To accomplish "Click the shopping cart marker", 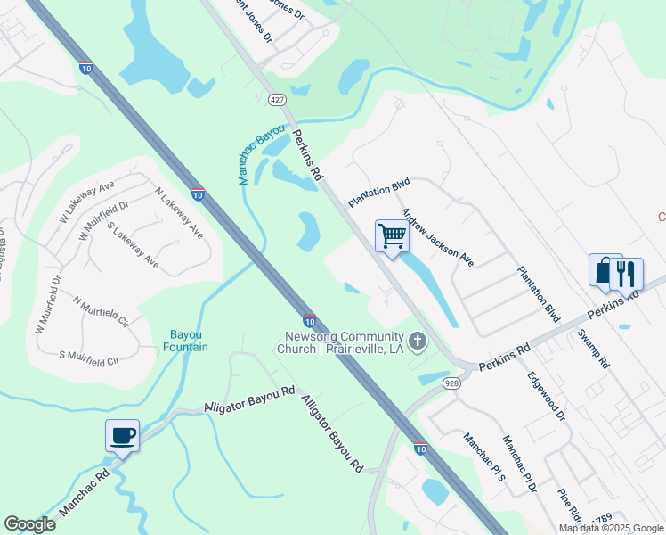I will click(x=392, y=236).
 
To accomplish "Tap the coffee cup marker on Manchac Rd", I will click(x=122, y=435).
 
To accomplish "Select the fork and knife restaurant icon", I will click(x=629, y=273).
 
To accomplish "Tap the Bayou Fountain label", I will click(x=186, y=341).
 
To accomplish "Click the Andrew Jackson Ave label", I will click(x=436, y=236).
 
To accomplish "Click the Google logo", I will click(x=29, y=524).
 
